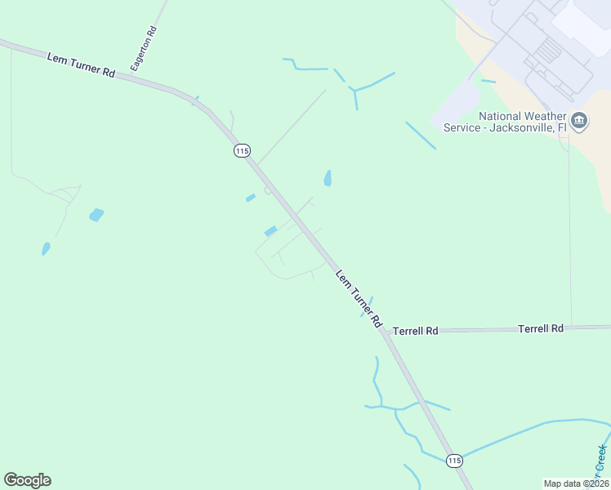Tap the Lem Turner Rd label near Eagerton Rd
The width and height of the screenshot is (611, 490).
[80, 66]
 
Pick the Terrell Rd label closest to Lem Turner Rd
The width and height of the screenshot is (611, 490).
[416, 331]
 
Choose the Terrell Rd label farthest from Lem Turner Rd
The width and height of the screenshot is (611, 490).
[541, 328]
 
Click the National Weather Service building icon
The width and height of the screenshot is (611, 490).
[579, 122]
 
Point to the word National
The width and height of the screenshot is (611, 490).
[504, 116]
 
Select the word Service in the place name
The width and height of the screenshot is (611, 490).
[462, 127]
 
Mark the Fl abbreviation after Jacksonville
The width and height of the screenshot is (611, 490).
[562, 127]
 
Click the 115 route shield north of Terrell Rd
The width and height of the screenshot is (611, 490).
[241, 150]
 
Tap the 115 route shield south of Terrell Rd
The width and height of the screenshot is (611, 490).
[455, 461]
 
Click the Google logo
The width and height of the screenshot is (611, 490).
[28, 480]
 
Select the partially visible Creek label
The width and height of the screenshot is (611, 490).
[602, 461]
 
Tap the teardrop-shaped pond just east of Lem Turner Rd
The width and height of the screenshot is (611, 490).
[328, 178]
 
